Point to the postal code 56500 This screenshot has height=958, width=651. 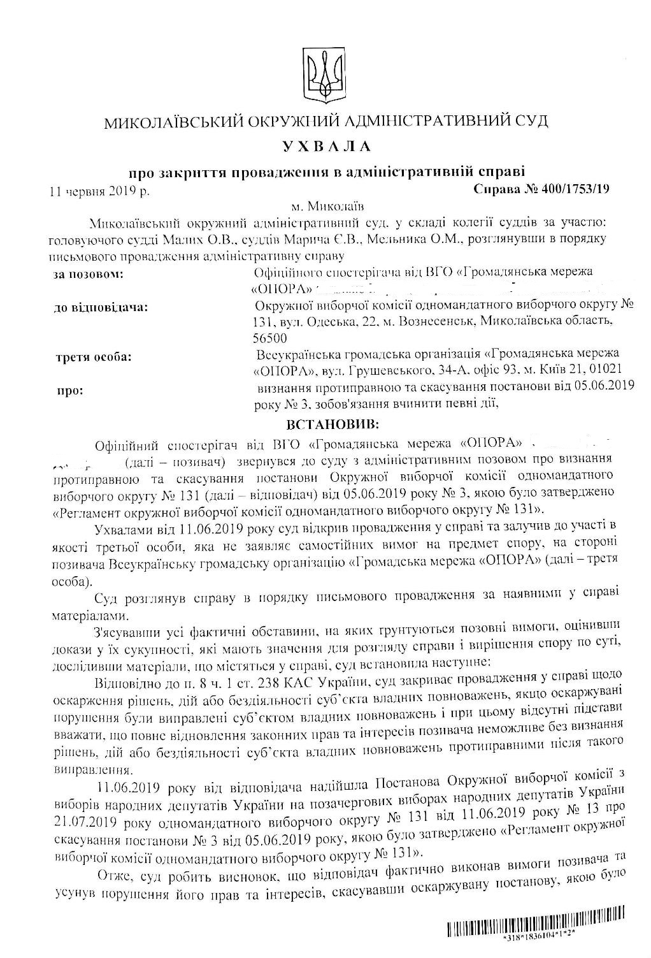coord(270,338)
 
